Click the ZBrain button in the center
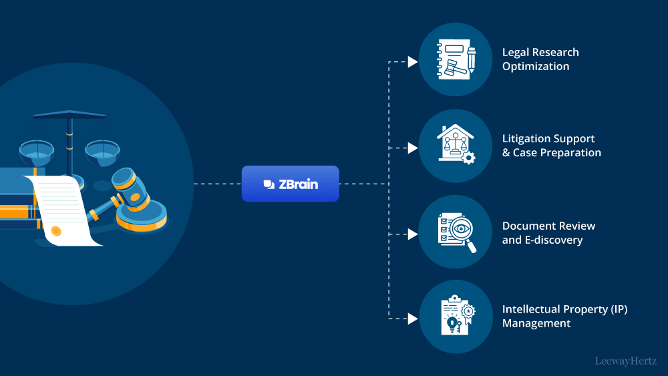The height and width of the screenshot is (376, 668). pos(290,184)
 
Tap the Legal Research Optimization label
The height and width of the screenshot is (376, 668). pos(540,59)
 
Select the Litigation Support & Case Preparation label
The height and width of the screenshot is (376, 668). pos(551,146)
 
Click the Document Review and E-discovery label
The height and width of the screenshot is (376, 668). pos(548,232)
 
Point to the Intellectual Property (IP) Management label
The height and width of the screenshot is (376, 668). pos(564,317)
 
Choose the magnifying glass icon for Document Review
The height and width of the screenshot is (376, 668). pos(456,232)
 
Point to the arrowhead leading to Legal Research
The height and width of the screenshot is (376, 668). pos(413,62)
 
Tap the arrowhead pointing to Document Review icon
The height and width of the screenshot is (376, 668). pos(413,234)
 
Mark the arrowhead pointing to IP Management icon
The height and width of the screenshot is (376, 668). pos(413,319)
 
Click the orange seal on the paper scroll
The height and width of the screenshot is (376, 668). pos(56,231)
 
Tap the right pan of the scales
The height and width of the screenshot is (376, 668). pos(102,152)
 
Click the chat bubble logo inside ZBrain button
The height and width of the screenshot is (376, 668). pos(269,184)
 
